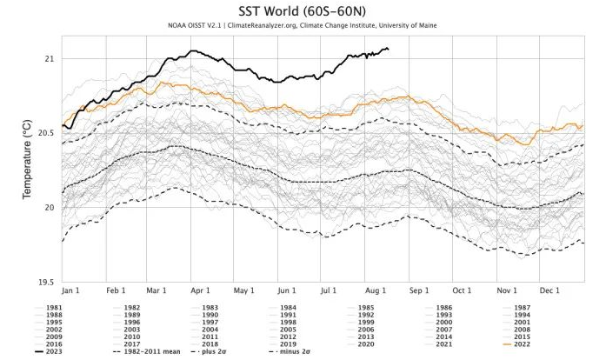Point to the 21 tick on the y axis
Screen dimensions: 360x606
[49, 58]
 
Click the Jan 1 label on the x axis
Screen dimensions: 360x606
[72, 289]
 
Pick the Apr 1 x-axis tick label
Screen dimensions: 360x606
[201, 289]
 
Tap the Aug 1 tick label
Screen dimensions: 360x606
[372, 289]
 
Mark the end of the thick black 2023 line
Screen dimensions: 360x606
[388, 49]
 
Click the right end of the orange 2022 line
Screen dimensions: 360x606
[583, 126]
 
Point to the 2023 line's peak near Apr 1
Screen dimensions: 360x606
[193, 51]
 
